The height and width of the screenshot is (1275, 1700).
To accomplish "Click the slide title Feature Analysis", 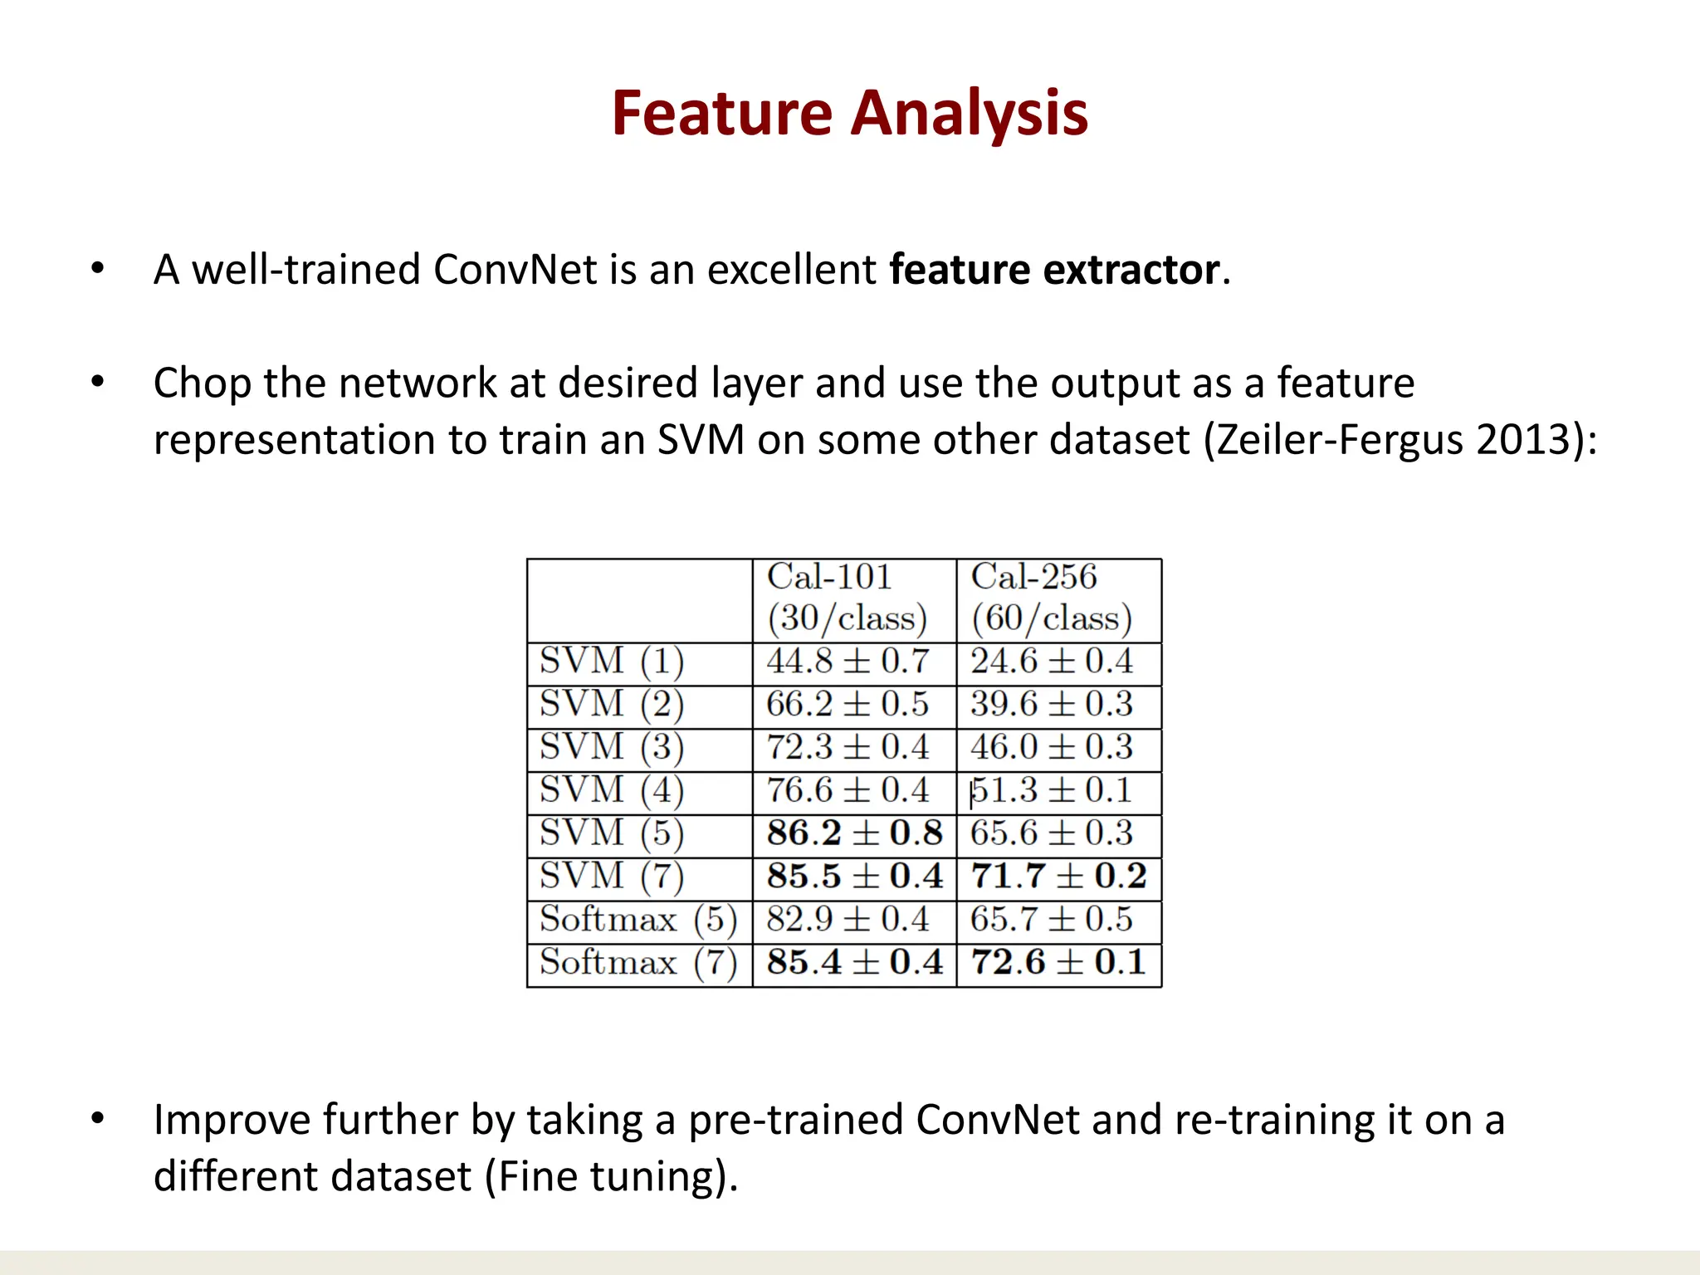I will point(849,113).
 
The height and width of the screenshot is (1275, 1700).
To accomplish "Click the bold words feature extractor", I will point(1054,270).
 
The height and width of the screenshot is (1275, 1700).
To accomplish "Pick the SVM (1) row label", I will point(612,662).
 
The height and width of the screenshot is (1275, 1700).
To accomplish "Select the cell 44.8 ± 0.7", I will point(848,662).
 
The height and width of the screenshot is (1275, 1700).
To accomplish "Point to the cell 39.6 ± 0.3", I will point(1052,705).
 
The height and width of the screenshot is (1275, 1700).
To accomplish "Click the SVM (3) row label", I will point(612,747).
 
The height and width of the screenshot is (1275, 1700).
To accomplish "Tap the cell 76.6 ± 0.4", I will point(848,790).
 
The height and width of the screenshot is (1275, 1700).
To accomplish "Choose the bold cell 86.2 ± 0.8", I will point(854,833).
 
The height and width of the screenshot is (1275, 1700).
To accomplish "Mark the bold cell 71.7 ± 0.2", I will point(1058,877).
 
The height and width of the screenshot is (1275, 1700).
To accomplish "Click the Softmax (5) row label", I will point(638,920).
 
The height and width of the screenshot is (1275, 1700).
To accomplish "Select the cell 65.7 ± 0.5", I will point(1052,920).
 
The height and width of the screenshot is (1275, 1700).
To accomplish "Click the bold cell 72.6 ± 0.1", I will point(1058,963).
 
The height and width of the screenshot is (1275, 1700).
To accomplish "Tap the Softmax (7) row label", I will point(638,963).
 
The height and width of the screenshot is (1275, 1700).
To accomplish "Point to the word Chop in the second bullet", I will point(202,383).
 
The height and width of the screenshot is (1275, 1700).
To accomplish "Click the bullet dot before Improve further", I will point(98,1119).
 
